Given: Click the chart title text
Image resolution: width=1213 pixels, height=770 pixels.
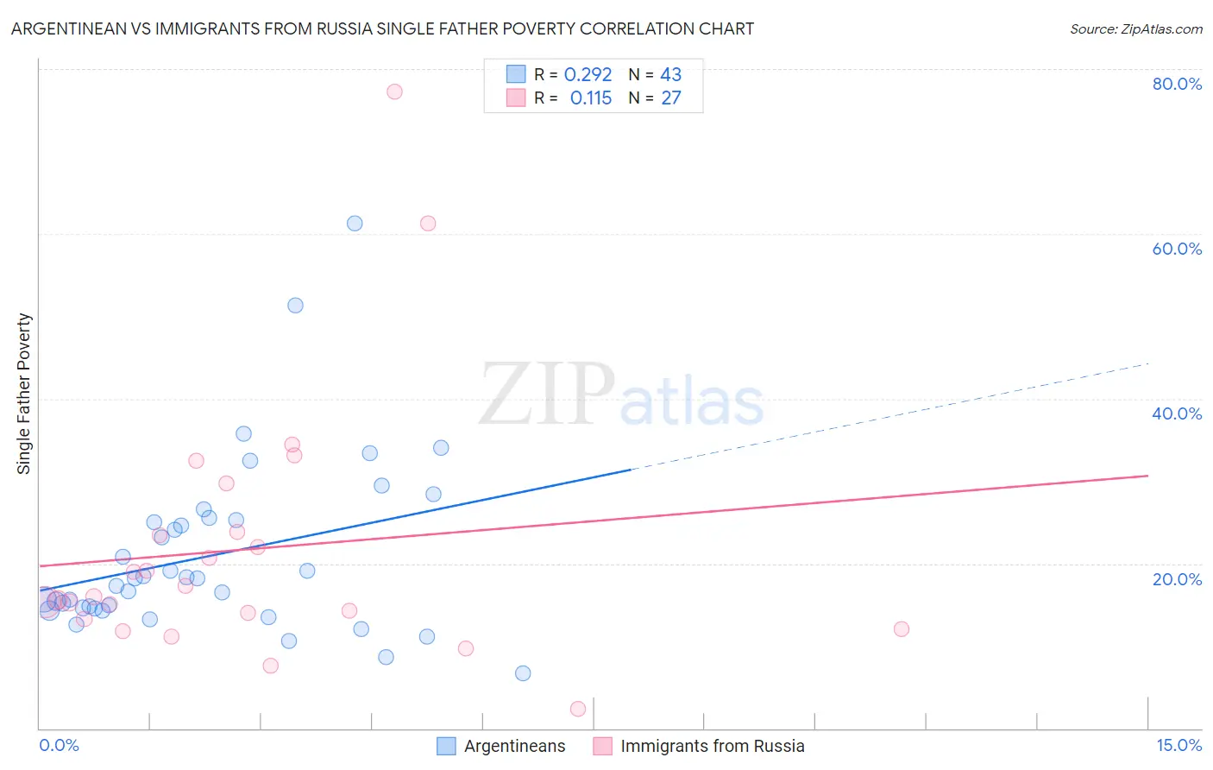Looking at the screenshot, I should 382,28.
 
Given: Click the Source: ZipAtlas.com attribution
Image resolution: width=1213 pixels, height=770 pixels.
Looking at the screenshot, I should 1135,28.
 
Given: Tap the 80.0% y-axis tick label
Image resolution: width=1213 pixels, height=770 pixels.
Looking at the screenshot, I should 1177,84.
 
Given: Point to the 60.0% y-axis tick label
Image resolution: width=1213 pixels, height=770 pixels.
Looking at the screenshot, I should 1177,249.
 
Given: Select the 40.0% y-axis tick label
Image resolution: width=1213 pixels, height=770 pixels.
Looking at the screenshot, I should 1177,413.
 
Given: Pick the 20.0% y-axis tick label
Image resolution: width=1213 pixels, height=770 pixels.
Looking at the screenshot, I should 1177,578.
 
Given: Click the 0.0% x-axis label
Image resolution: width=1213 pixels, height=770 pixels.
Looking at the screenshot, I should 59,745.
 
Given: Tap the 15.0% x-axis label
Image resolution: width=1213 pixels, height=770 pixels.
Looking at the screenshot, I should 1178,745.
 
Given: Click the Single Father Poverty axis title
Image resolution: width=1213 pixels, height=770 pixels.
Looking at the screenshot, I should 24,394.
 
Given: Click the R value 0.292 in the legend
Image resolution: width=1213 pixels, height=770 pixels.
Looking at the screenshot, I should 588,75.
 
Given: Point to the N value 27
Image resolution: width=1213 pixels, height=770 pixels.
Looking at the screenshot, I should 671,98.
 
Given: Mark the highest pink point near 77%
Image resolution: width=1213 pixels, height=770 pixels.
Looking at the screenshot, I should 394,92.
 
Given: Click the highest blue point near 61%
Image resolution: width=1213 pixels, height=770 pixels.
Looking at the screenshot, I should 355,224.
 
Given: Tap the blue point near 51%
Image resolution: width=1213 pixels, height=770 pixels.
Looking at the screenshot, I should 295,306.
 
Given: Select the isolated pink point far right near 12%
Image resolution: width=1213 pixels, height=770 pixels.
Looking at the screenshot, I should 902,628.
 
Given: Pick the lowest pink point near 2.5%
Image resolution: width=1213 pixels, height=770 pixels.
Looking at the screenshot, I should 578,709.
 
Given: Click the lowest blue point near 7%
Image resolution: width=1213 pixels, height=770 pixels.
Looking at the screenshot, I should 523,673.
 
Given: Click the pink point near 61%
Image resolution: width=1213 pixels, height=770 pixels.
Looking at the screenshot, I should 428,224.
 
